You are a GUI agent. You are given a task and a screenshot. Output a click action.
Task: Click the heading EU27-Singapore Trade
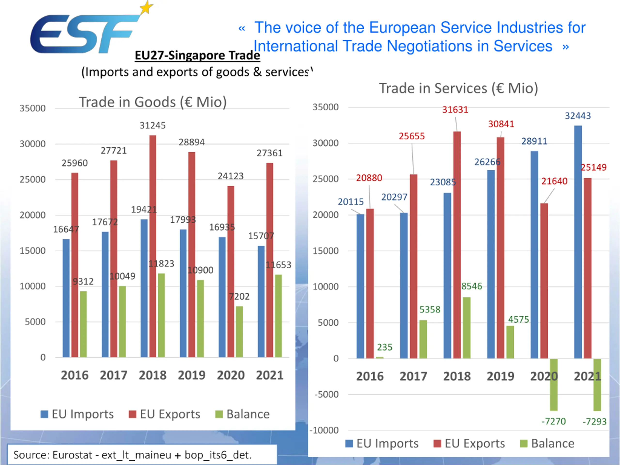point(197,55)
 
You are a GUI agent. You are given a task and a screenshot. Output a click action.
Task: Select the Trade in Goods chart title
point(153,102)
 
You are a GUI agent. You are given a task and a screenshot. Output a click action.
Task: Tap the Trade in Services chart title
point(458,88)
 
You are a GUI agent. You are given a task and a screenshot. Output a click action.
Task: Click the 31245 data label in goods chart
point(153,125)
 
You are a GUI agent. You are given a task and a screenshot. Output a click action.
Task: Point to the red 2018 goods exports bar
point(153,247)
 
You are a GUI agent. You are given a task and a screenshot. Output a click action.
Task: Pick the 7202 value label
point(239,296)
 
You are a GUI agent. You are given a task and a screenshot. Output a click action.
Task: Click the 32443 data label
point(578,116)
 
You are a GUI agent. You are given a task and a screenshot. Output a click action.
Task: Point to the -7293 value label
point(594,422)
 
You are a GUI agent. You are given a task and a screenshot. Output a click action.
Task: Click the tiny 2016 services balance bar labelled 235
point(380,358)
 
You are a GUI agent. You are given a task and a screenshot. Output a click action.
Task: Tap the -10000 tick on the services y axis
point(324,430)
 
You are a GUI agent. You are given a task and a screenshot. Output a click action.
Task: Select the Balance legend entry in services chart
point(547,443)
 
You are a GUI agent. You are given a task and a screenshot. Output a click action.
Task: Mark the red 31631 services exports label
point(455,110)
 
